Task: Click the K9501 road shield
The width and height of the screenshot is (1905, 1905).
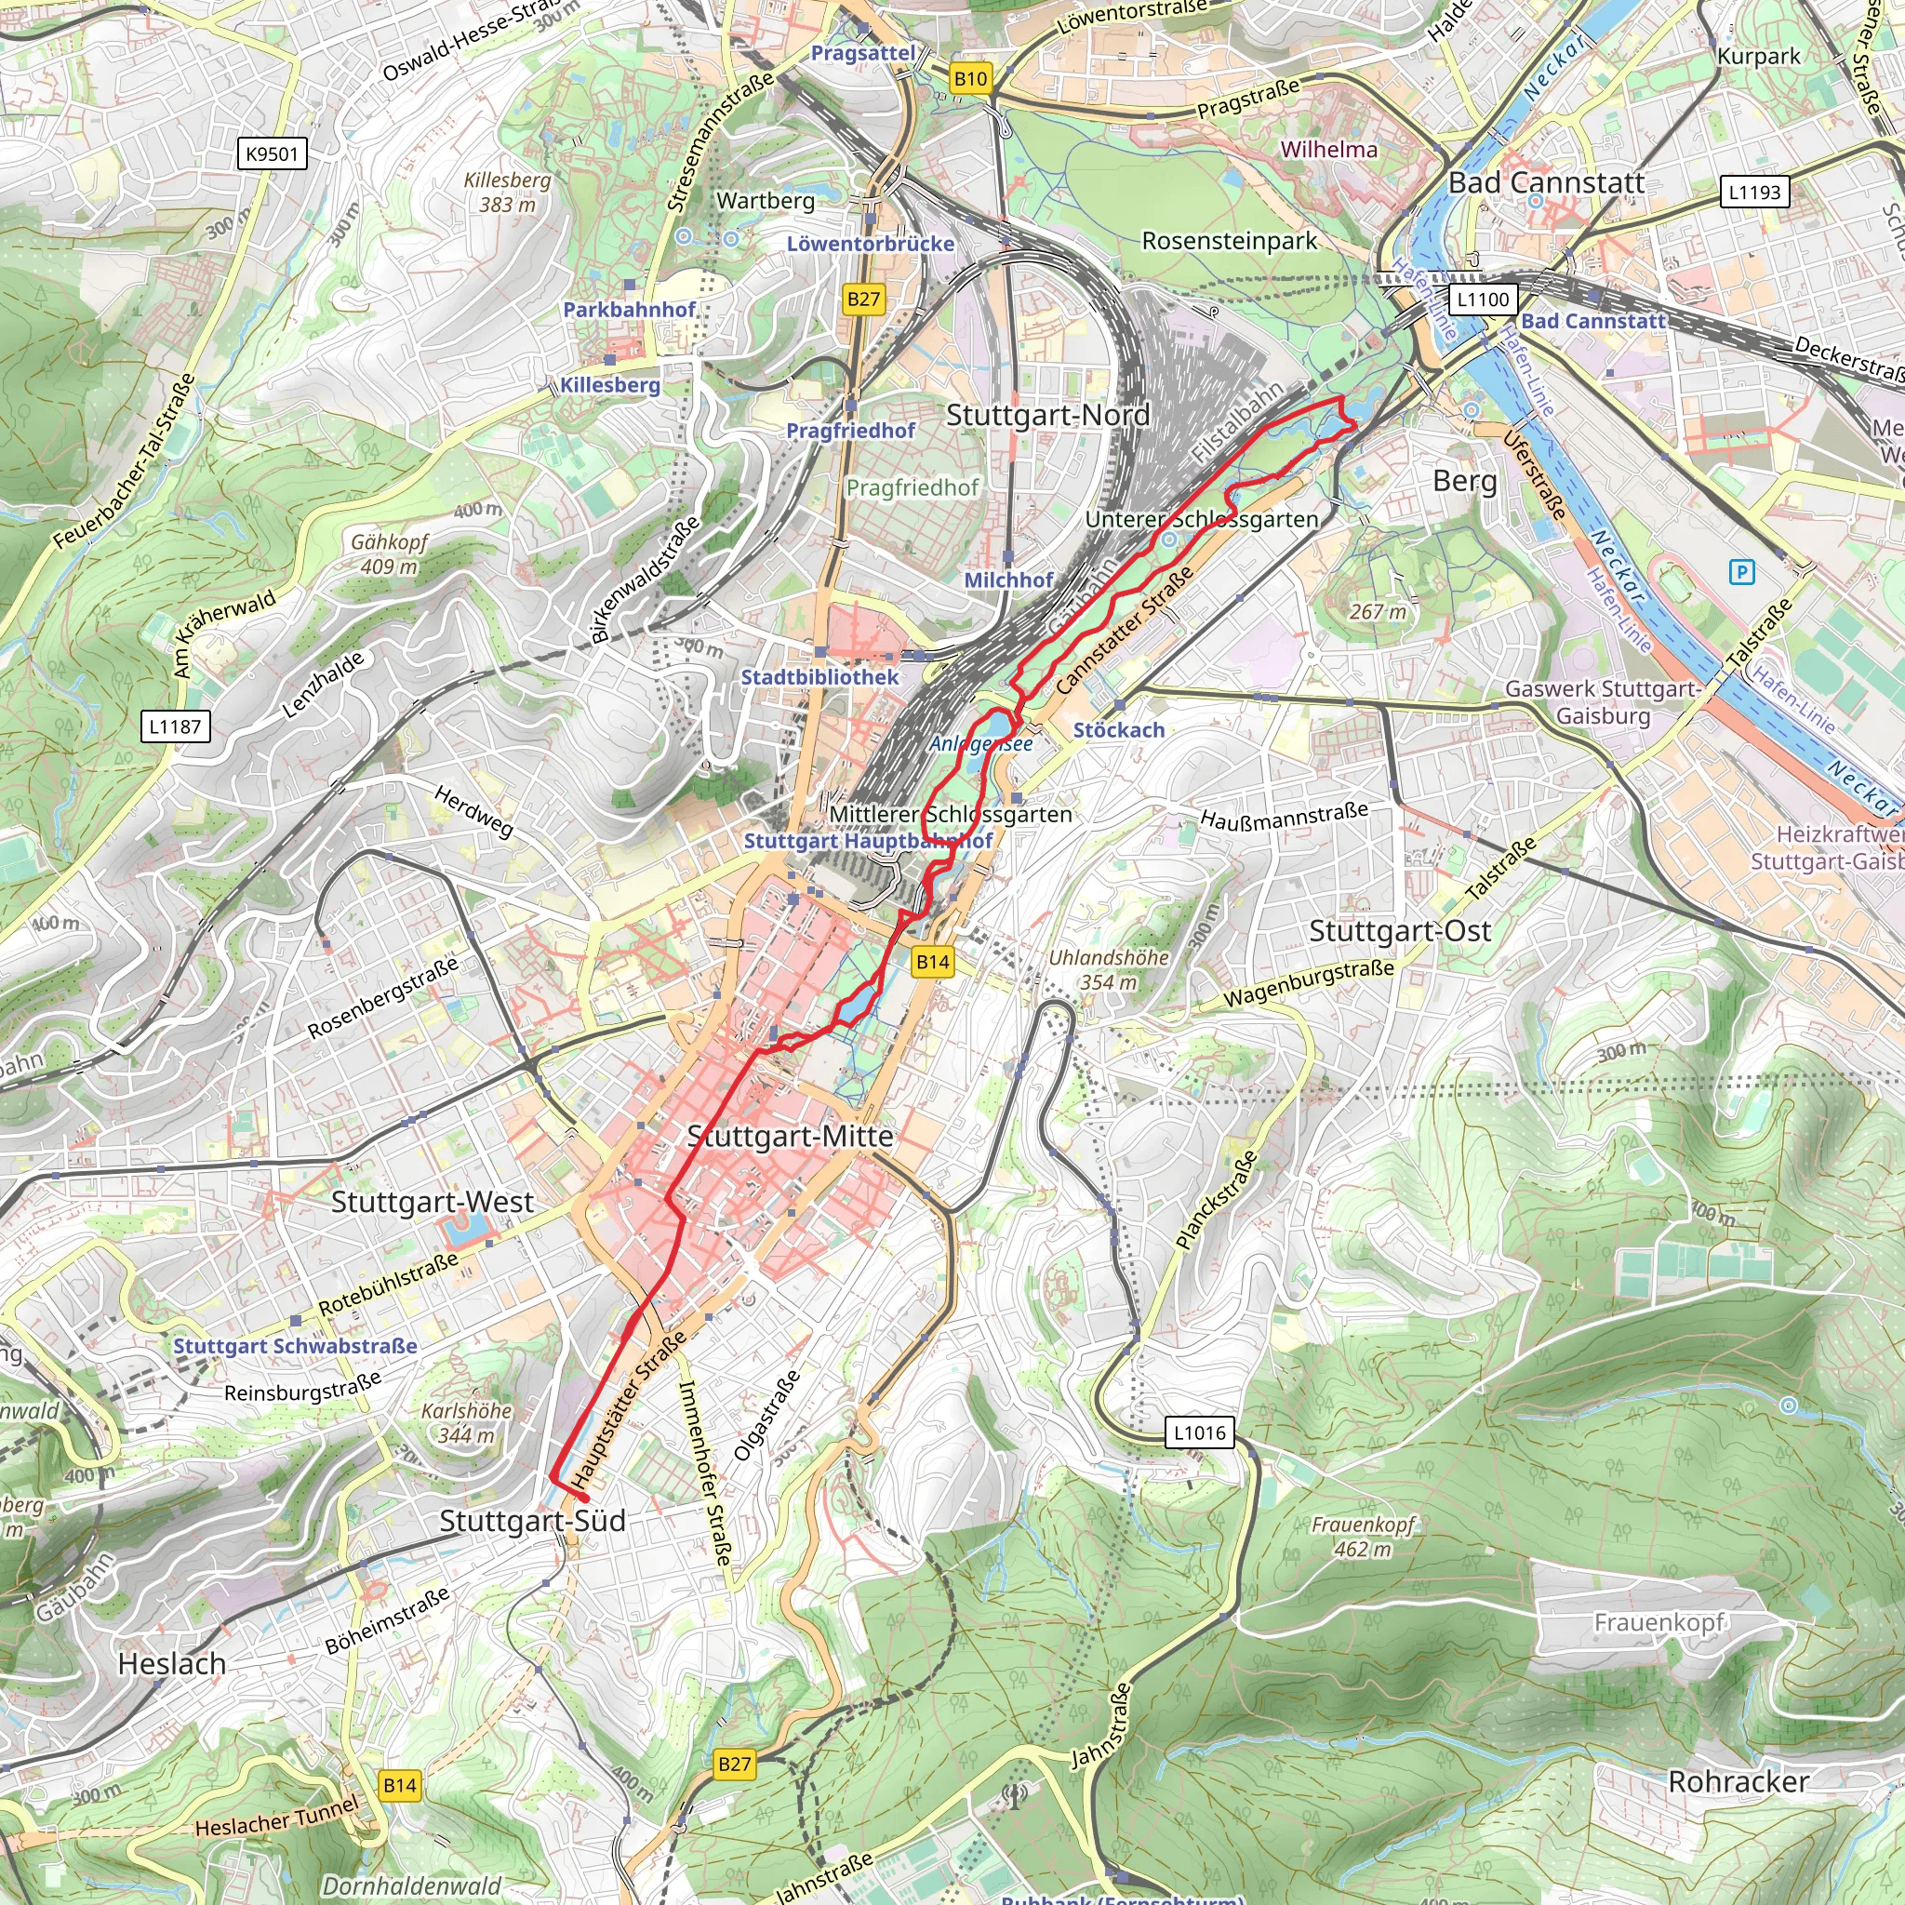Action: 273,153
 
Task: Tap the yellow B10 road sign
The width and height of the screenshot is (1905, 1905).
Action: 970,79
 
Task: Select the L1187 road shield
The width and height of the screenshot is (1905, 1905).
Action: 175,726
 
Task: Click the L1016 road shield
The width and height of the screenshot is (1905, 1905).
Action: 1200,1432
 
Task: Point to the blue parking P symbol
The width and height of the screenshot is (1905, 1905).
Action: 1742,572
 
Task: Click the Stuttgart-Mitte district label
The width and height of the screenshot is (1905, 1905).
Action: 790,1136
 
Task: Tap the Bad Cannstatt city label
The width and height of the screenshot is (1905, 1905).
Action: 1546,183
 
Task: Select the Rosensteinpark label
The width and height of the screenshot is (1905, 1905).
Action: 1229,241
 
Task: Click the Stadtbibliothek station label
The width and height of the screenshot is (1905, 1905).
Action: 819,677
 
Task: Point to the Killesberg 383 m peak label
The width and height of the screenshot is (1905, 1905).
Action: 507,193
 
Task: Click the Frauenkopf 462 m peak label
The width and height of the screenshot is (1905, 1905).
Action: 1363,1537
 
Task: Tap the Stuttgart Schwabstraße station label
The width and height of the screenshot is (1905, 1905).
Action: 295,1346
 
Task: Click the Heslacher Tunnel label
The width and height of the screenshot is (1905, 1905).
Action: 277,1818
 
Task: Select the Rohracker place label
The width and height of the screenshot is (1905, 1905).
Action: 1738,1781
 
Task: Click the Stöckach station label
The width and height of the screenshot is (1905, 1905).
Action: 1118,730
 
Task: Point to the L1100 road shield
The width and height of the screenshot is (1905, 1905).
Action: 1483,300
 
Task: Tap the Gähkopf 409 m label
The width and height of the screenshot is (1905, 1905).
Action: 390,554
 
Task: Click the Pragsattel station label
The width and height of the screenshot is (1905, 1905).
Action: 863,53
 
